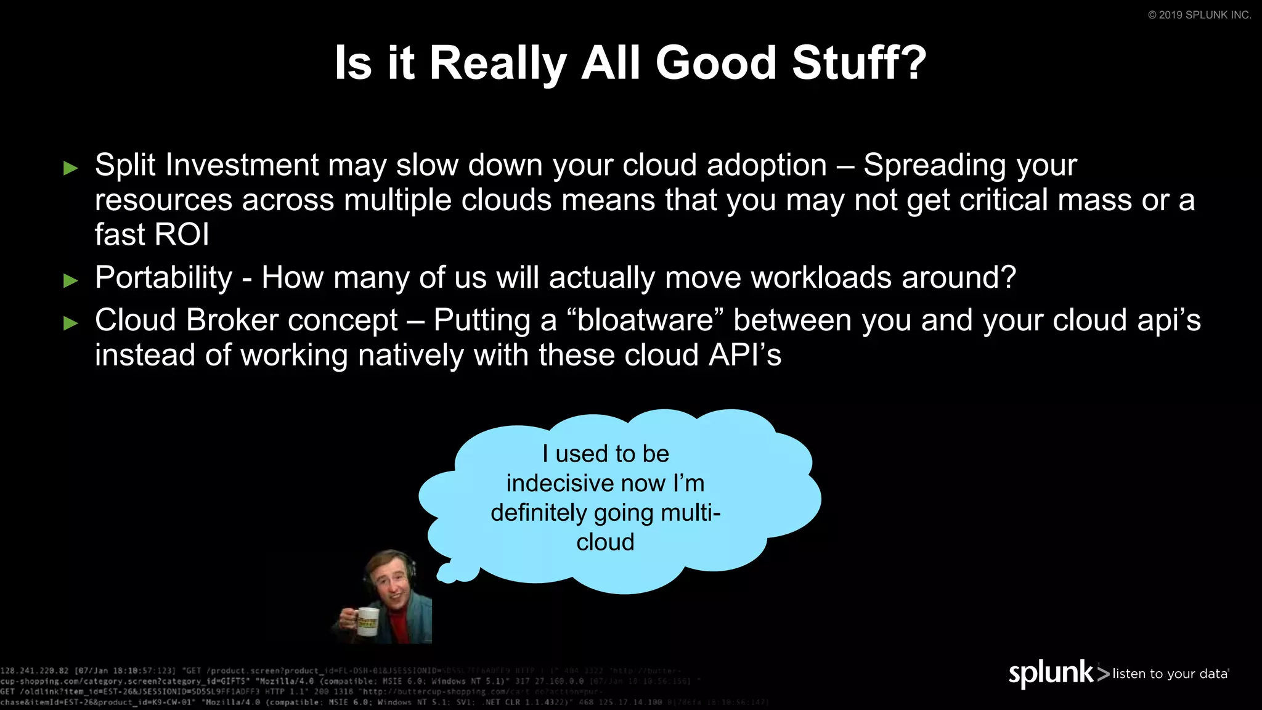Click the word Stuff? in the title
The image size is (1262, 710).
point(859,63)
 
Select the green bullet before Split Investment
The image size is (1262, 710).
point(71,168)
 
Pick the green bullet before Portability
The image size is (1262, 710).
point(71,280)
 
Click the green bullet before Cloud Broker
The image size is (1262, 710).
point(71,323)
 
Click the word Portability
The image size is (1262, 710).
point(163,277)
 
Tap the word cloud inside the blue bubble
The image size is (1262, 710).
point(605,542)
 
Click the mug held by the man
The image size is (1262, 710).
point(367,621)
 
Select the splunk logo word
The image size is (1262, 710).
point(1051,673)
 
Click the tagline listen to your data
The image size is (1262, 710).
point(1170,674)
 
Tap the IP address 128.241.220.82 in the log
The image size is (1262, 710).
point(35,671)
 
